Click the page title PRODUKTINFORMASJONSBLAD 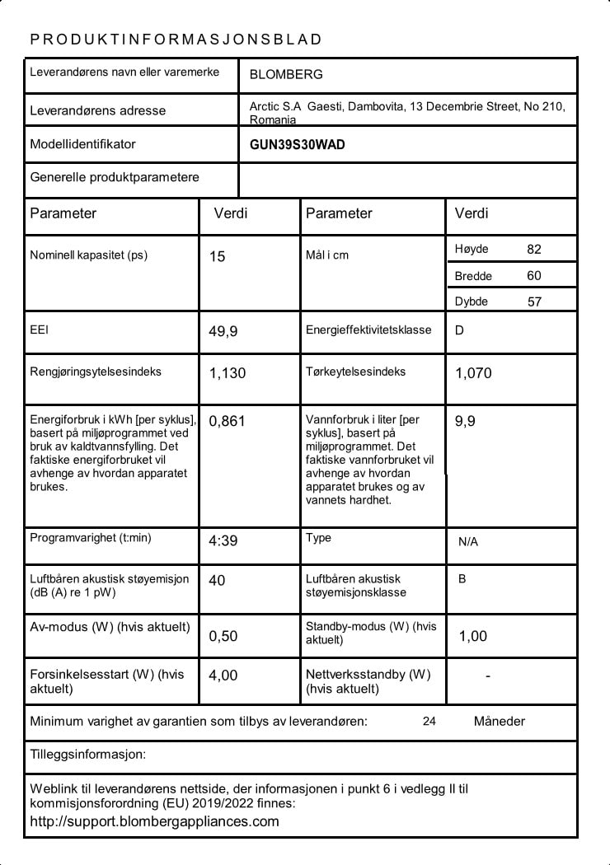pyautogui.click(x=176, y=40)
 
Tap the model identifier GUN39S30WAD pyautogui.click(x=298, y=145)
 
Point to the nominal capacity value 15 pyautogui.click(x=217, y=257)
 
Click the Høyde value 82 pyautogui.click(x=534, y=250)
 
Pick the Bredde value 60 pyautogui.click(x=534, y=276)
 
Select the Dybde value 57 pyautogui.click(x=534, y=302)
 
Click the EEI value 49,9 pyautogui.click(x=223, y=332)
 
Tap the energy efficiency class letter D pyautogui.click(x=459, y=331)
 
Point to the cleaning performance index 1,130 pyautogui.click(x=228, y=373)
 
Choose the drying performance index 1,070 pyautogui.click(x=473, y=373)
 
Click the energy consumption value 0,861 pyautogui.click(x=228, y=422)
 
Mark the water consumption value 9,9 pyautogui.click(x=465, y=422)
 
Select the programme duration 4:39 pyautogui.click(x=223, y=541)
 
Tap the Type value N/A pyautogui.click(x=468, y=542)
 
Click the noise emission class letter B pyautogui.click(x=462, y=579)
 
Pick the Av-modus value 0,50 pyautogui.click(x=223, y=636)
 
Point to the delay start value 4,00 pyautogui.click(x=223, y=676)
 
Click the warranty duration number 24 pyautogui.click(x=429, y=722)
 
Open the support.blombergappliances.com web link pyautogui.click(x=154, y=821)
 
